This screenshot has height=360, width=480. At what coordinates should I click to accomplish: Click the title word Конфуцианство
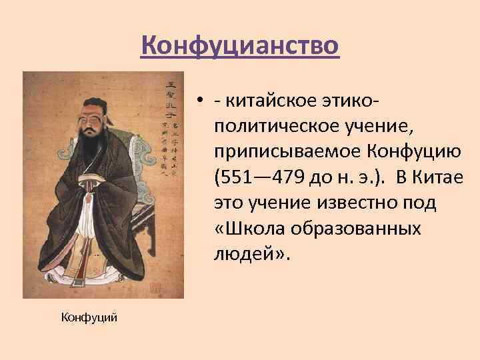click(241, 46)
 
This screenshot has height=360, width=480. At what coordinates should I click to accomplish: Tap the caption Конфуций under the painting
click(89, 317)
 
